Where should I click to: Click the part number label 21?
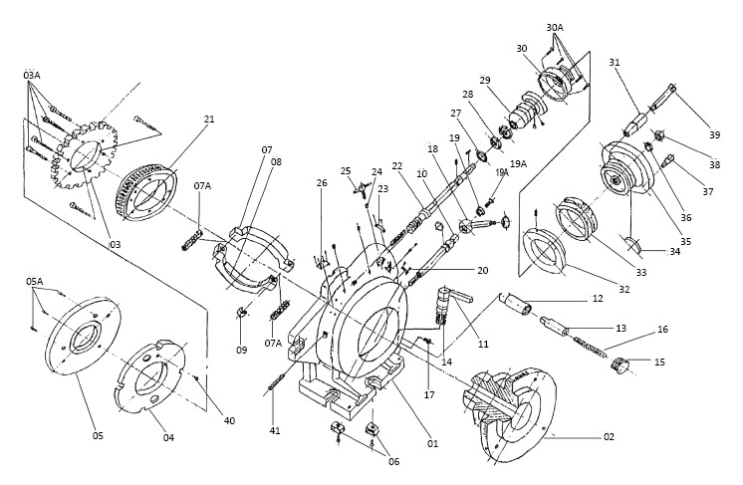tap(209, 119)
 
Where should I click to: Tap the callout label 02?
tap(609, 436)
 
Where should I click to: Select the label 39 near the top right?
tap(715, 135)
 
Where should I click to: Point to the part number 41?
tap(275, 430)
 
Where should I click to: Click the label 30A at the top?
tap(555, 28)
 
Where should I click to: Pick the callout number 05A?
tap(34, 281)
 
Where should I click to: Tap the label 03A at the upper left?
tap(32, 75)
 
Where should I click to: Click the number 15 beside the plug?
tap(659, 363)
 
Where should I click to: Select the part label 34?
tap(674, 252)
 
